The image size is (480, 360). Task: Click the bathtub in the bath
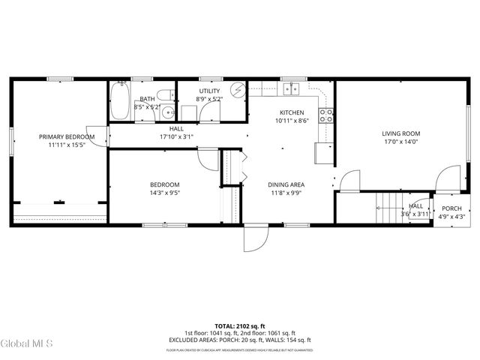pyautogui.click(x=120, y=103)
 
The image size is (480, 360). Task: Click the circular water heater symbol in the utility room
pyautogui.click(x=238, y=91)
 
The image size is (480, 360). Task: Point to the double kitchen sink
pyautogui.click(x=291, y=90)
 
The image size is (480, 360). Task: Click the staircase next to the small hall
pyautogui.click(x=388, y=207)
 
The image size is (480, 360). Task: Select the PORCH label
pyautogui.click(x=451, y=208)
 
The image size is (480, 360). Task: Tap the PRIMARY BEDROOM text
pyautogui.click(x=67, y=136)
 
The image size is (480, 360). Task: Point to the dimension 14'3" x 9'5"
pyautogui.click(x=164, y=193)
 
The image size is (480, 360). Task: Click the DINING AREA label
pyautogui.click(x=286, y=184)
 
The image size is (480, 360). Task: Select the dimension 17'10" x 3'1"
pyautogui.click(x=176, y=136)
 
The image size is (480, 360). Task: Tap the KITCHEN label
pyautogui.click(x=292, y=112)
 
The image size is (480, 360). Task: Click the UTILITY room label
pyautogui.click(x=209, y=91)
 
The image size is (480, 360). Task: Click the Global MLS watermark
pyautogui.click(x=27, y=343)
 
